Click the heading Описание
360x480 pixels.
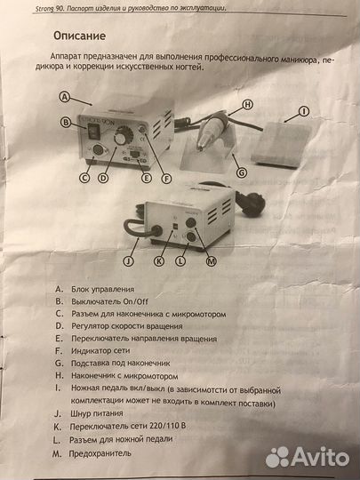click(80, 36)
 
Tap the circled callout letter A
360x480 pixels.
click(64, 97)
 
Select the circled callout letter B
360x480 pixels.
click(66, 123)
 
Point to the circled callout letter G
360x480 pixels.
click(242, 173)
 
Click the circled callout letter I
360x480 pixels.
click(304, 112)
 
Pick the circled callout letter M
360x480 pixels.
click(211, 261)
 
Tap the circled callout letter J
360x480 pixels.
click(129, 261)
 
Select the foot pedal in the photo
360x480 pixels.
click(280, 145)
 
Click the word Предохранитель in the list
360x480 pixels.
click(100, 453)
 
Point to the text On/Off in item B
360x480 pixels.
click(136, 301)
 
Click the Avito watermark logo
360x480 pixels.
click(308, 458)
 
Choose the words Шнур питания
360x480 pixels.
click(97, 413)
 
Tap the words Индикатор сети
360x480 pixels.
click(100, 351)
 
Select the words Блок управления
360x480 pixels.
click(103, 289)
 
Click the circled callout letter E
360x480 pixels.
click(147, 177)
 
